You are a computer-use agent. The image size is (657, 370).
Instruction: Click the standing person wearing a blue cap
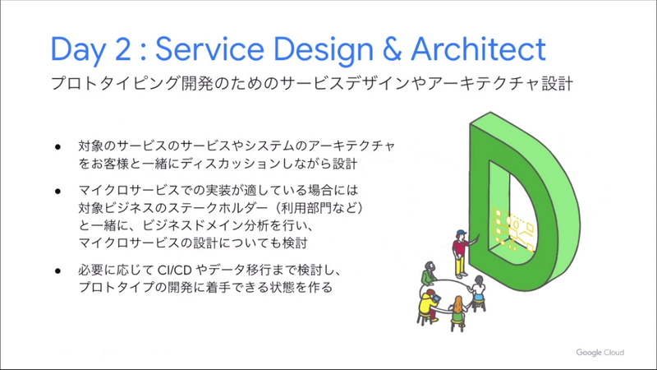click(460, 251)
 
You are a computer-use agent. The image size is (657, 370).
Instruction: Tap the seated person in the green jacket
click(429, 275)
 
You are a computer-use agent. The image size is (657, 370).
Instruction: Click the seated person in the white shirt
click(479, 288)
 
